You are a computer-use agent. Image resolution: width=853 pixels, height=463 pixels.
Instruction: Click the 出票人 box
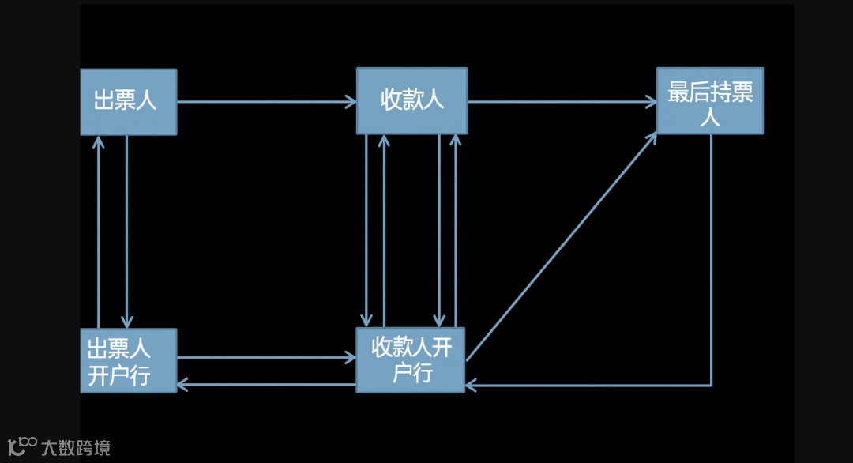tap(128, 101)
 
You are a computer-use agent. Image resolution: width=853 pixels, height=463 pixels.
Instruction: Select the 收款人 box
tap(411, 100)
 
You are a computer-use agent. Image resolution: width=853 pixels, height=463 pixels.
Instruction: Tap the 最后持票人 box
tap(710, 100)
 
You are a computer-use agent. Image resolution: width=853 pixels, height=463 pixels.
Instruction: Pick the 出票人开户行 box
tap(128, 360)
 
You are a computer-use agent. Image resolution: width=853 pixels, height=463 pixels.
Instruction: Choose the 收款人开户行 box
tap(411, 359)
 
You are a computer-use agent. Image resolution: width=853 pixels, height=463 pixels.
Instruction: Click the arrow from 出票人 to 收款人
tap(266, 101)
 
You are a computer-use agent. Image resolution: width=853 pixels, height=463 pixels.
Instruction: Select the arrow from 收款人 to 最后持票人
tap(561, 101)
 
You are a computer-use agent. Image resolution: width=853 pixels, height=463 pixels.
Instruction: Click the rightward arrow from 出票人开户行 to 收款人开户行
tap(266, 357)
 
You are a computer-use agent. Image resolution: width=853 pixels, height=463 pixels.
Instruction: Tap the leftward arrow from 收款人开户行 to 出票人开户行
tap(266, 385)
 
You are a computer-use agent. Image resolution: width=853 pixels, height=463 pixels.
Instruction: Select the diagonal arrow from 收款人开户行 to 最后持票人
tap(561, 247)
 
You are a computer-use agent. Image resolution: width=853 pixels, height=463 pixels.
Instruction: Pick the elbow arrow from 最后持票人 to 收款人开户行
tap(711, 261)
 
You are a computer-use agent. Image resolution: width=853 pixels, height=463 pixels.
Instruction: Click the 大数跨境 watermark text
tap(76, 448)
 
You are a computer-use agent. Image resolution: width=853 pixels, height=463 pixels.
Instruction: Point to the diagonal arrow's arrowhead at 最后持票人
tap(652, 137)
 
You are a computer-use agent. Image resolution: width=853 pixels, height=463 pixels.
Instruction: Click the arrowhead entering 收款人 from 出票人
tap(351, 101)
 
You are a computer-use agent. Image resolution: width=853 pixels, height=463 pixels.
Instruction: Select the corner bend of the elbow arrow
tap(711, 386)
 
